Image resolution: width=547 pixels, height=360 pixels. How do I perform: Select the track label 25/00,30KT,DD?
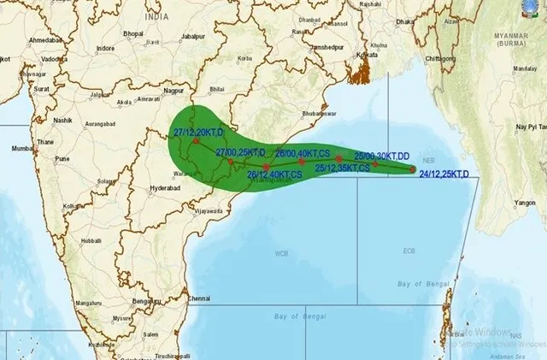(x=382, y=156)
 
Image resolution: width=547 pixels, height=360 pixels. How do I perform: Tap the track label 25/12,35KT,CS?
(x=342, y=168)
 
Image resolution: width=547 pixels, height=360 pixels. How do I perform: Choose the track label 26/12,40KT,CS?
(x=273, y=174)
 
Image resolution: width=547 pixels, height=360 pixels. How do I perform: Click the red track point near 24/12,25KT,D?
(x=412, y=169)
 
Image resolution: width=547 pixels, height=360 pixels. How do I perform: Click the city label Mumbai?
(x=21, y=148)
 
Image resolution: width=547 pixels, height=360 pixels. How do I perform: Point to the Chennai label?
(x=199, y=298)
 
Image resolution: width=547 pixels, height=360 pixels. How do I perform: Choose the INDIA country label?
(x=156, y=16)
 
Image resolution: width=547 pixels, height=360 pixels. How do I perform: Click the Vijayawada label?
(x=209, y=210)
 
